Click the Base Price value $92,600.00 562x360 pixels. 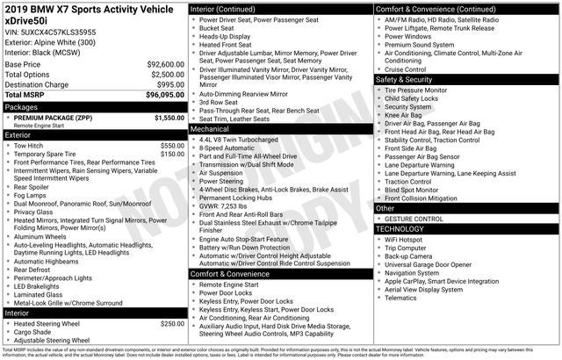click(165, 65)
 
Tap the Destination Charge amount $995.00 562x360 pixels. click(169, 84)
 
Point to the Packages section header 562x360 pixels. click(22, 107)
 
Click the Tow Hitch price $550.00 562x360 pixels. click(172, 146)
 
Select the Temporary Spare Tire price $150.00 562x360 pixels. click(172, 155)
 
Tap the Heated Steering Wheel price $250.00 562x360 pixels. click(172, 324)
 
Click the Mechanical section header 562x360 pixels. click(210, 128)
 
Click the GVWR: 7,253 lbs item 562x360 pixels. click(230, 205)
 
